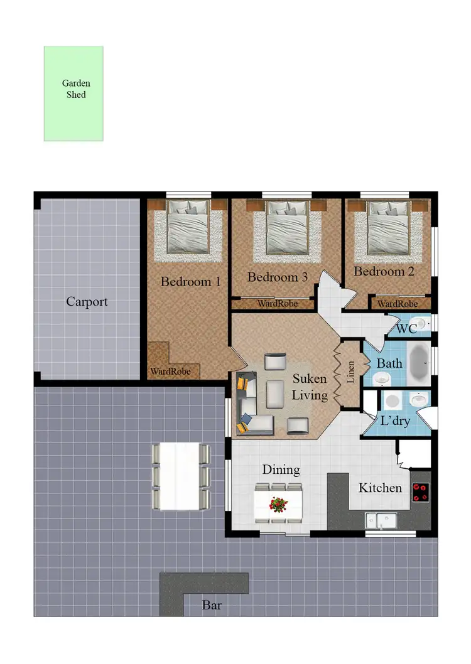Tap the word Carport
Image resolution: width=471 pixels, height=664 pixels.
tap(87, 302)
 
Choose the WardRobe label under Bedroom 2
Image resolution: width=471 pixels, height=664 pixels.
tap(398, 304)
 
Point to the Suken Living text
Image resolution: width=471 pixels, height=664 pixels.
tap(310, 387)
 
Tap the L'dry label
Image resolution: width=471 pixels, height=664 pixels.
tap(395, 420)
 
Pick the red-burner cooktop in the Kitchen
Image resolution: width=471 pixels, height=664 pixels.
tap(420, 491)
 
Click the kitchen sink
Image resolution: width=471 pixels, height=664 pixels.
tap(382, 520)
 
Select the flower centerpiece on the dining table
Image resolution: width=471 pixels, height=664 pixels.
tap(278, 503)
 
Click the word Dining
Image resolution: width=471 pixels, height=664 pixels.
tap(281, 469)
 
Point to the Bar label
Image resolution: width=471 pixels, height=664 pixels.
tap(212, 606)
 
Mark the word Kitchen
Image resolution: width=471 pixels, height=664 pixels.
tap(380, 488)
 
